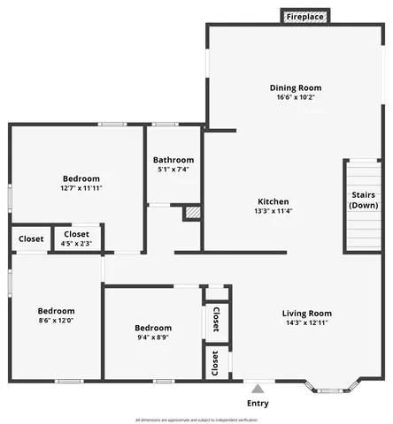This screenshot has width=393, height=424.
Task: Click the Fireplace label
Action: tap(304, 17)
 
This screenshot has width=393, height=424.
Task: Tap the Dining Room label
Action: tap(296, 87)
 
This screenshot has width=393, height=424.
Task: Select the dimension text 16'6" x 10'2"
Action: tap(296, 99)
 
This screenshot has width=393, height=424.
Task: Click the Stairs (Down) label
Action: tap(364, 200)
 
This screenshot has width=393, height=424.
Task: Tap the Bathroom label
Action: tap(173, 160)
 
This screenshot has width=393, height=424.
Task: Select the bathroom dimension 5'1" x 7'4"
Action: tap(173, 170)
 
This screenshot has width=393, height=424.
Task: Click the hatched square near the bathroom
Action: tap(192, 213)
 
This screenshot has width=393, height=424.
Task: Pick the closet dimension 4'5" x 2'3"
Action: tap(77, 243)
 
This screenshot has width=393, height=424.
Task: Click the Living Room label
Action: tap(306, 313)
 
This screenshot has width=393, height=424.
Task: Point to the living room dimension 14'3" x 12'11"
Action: tap(306, 323)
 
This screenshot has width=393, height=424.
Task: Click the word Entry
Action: tap(258, 403)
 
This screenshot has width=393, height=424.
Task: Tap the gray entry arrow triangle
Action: tap(258, 388)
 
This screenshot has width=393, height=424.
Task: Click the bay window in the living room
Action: tap(332, 386)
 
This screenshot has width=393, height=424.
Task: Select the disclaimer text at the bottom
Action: tap(196, 420)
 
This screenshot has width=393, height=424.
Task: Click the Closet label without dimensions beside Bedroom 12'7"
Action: tap(31, 238)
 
